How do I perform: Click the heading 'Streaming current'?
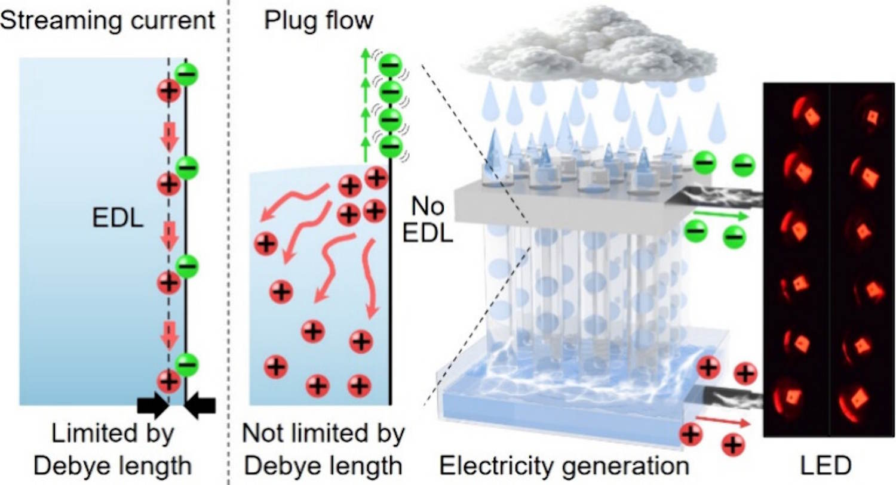pos(108,20)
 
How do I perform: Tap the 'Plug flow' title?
pos(318,20)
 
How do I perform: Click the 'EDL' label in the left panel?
pos(118,218)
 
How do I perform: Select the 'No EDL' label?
pos(428,220)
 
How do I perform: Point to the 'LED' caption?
pos(826,465)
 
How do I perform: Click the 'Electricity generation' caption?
pos(564,465)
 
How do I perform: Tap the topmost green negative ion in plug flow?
pos(391,64)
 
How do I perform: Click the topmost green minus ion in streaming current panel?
pos(187,75)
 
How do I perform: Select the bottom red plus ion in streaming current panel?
pos(168,381)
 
